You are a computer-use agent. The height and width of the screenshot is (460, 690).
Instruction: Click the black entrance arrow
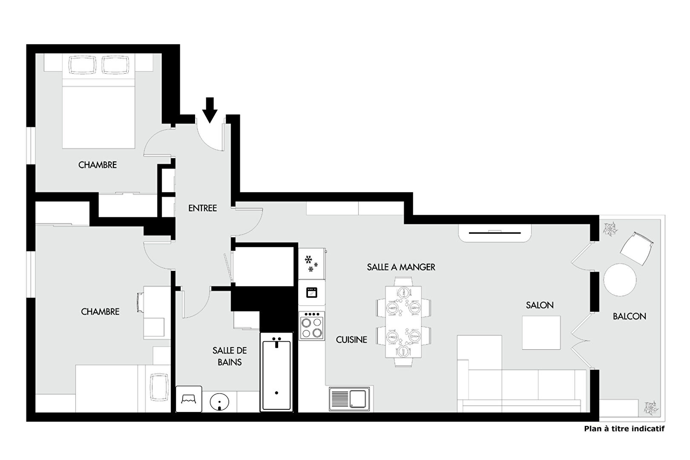pos(210,110)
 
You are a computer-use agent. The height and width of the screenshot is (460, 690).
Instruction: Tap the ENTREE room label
pos(202,208)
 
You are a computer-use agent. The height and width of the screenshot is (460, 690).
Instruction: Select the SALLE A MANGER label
pos(401,267)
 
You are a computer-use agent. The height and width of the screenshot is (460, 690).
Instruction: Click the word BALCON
pos(630,316)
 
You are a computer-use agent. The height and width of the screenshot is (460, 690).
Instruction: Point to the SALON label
pos(540,305)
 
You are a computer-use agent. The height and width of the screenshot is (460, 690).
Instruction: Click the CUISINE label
pos(351,339)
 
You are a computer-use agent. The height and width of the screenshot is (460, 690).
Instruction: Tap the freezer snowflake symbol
pos(311,264)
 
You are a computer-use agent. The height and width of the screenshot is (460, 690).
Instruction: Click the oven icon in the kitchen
pos(312,292)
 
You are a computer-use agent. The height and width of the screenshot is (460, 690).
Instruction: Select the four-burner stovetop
pos(312,326)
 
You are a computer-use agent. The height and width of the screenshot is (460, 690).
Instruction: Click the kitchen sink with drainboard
pos(349,399)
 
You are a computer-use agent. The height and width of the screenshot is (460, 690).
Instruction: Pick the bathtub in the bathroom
pos(276,372)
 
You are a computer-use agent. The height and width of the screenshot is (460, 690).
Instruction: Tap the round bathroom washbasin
pos(219,402)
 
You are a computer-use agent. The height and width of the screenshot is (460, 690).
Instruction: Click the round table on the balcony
pos(620,280)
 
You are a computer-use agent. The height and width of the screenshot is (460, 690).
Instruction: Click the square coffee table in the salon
pos(541,333)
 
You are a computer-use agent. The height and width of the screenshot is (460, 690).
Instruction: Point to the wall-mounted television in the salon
pos(494,233)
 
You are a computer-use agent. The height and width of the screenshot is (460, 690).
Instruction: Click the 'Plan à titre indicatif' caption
pos(624,428)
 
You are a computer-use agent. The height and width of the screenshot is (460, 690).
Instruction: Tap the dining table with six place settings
pos(403,322)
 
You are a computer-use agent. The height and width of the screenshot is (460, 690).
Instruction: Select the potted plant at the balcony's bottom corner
pos(651,408)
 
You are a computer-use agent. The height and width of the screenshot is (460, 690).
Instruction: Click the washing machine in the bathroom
pos(189,399)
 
